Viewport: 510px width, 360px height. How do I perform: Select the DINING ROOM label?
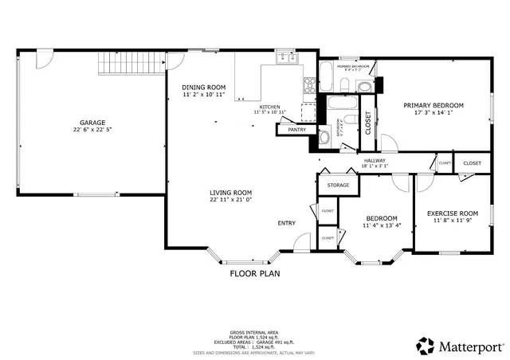coord(204,87)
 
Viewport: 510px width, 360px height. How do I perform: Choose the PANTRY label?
coord(297,130)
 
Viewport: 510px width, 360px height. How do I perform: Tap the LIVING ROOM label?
coord(231,193)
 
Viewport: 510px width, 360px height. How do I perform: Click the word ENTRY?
coord(287,223)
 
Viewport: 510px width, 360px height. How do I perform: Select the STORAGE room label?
coord(338,185)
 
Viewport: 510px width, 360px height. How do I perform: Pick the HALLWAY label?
coord(375,160)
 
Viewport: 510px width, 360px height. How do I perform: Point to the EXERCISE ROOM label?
coord(452,213)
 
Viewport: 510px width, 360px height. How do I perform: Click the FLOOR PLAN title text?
coord(255,273)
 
